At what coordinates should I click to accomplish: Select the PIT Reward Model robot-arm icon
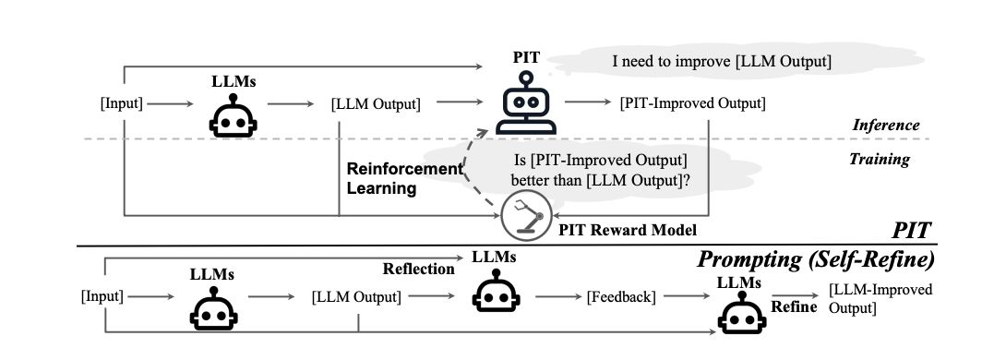(x=520, y=218)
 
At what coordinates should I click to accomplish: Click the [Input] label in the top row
(x=121, y=103)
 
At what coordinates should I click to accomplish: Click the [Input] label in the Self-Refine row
(x=102, y=296)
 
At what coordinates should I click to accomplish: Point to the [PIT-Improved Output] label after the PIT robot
(x=693, y=102)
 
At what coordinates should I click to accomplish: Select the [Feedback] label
(x=621, y=296)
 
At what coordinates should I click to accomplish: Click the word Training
(x=879, y=160)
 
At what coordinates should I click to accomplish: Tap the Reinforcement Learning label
(x=403, y=178)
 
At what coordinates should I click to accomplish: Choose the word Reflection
(x=418, y=270)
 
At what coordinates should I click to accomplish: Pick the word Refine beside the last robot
(x=794, y=306)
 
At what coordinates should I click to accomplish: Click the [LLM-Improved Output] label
(x=880, y=298)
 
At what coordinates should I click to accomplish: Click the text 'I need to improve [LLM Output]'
(x=723, y=62)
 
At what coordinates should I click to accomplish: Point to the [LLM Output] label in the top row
(x=376, y=103)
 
